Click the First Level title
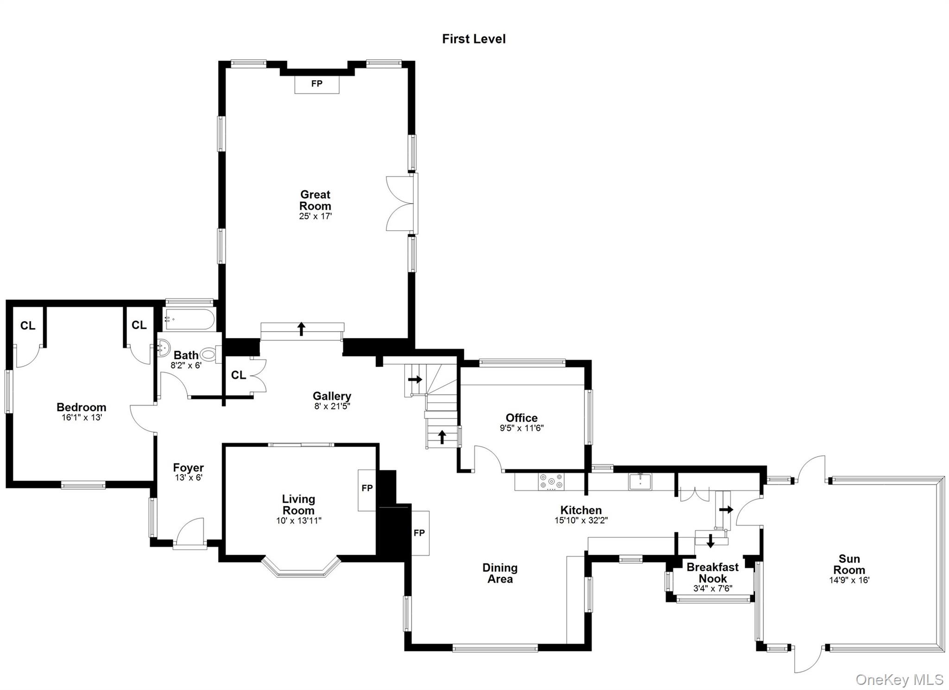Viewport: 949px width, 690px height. tap(474, 39)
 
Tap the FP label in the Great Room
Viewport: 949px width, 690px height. tap(317, 84)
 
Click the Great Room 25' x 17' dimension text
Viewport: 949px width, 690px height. tap(315, 216)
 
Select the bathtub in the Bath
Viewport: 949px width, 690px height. tap(189, 319)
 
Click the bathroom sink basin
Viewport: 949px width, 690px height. tap(163, 348)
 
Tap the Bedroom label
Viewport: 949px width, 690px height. tap(82, 407)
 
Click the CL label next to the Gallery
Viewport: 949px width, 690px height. tap(238, 375)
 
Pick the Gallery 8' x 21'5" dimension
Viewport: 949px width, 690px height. tap(332, 406)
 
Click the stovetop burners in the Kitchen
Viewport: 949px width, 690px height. tap(551, 481)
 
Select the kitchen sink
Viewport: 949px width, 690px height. tap(640, 481)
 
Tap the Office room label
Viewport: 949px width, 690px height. tap(522, 418)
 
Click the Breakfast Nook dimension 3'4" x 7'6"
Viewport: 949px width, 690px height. tap(713, 589)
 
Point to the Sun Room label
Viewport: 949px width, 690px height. tap(849, 564)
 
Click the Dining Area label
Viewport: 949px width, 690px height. tap(500, 573)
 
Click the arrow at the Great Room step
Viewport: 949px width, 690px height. tap(302, 329)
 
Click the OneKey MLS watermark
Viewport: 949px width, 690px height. tap(899, 679)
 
